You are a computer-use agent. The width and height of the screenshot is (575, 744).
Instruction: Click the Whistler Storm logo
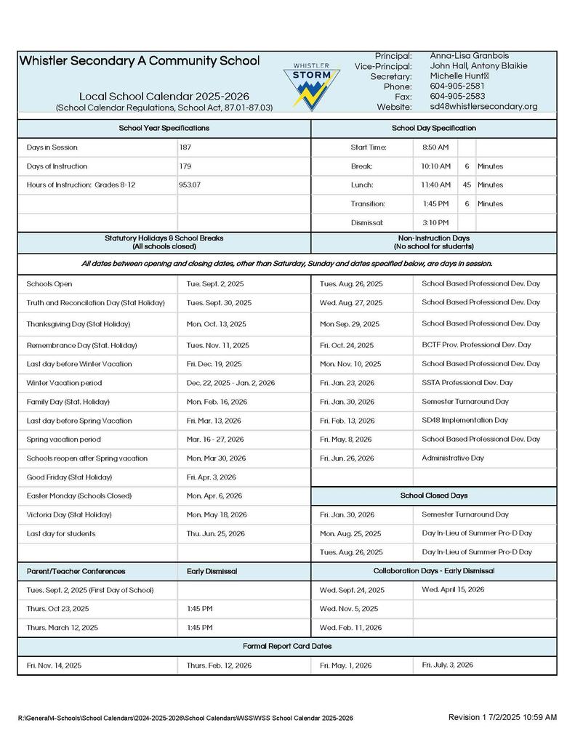pos(311,84)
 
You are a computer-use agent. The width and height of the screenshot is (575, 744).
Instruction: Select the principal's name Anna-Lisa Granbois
pos(469,56)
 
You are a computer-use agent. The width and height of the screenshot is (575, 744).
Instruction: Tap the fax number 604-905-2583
pos(457,96)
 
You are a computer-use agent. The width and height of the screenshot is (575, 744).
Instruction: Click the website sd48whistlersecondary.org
pos(483,106)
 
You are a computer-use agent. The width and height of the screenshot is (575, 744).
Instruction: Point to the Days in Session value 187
pos(185,147)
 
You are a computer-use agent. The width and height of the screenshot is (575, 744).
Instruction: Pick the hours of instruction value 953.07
pos(190,185)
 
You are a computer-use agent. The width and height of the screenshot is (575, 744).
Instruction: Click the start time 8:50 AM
pos(435,147)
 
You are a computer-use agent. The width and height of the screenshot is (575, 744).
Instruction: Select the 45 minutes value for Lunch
pos(467,185)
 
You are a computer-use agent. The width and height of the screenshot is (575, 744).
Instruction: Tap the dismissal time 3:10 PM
pos(435,222)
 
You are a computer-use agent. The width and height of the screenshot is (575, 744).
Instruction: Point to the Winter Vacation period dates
pos(230,383)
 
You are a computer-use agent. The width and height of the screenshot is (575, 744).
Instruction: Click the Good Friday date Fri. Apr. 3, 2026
pos(212,477)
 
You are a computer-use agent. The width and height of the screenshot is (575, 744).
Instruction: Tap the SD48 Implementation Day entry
pos(465,420)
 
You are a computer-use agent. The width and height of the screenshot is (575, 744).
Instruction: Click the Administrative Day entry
pos(453,458)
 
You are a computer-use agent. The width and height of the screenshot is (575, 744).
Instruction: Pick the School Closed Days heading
pos(434,496)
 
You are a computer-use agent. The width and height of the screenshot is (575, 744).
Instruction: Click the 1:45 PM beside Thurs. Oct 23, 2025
pos(200,609)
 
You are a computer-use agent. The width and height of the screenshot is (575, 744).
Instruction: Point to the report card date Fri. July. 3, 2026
pos(448,665)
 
